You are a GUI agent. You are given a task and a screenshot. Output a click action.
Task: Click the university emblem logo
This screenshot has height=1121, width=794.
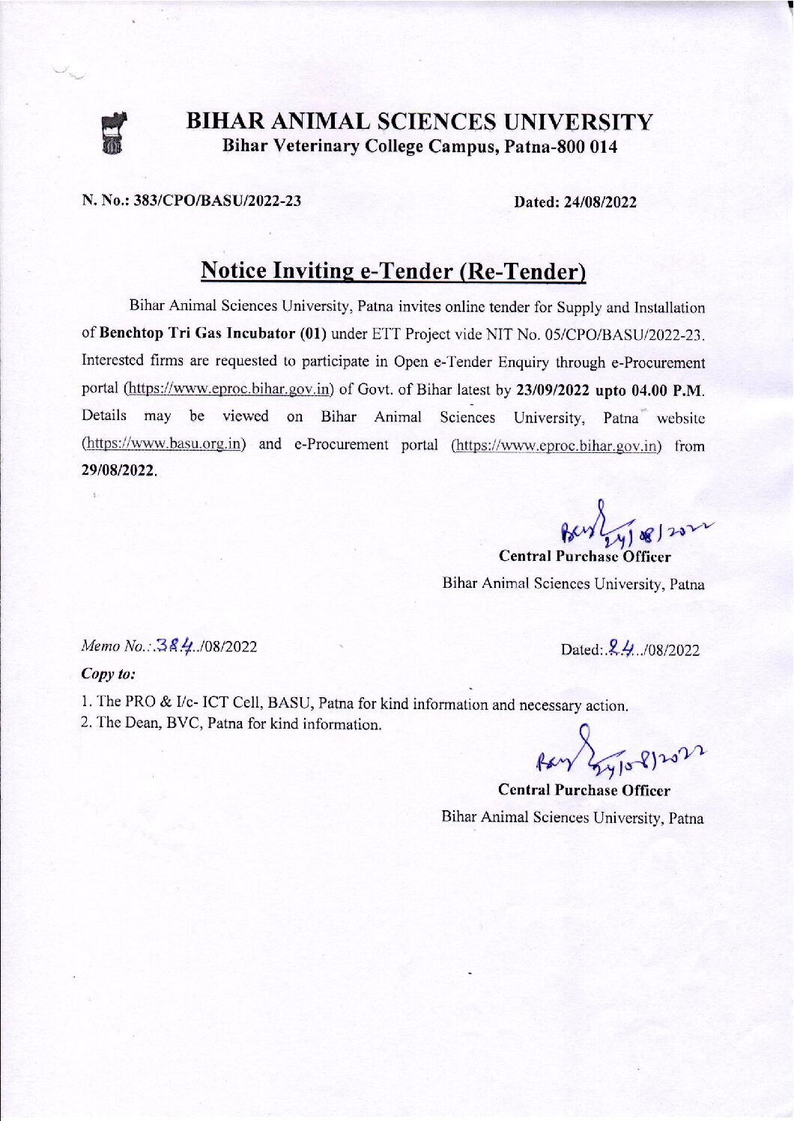click(114, 133)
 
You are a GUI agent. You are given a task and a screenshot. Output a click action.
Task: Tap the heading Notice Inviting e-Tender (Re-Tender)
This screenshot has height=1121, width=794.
click(393, 270)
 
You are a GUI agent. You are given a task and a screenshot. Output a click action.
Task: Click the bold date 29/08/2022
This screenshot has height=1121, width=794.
click(118, 471)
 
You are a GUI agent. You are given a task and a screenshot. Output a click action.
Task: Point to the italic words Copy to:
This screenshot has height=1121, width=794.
click(108, 673)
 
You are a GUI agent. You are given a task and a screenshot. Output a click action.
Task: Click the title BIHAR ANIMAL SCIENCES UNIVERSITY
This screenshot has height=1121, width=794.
click(419, 121)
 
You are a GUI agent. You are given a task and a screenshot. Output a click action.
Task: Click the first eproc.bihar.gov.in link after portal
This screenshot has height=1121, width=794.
click(228, 389)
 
